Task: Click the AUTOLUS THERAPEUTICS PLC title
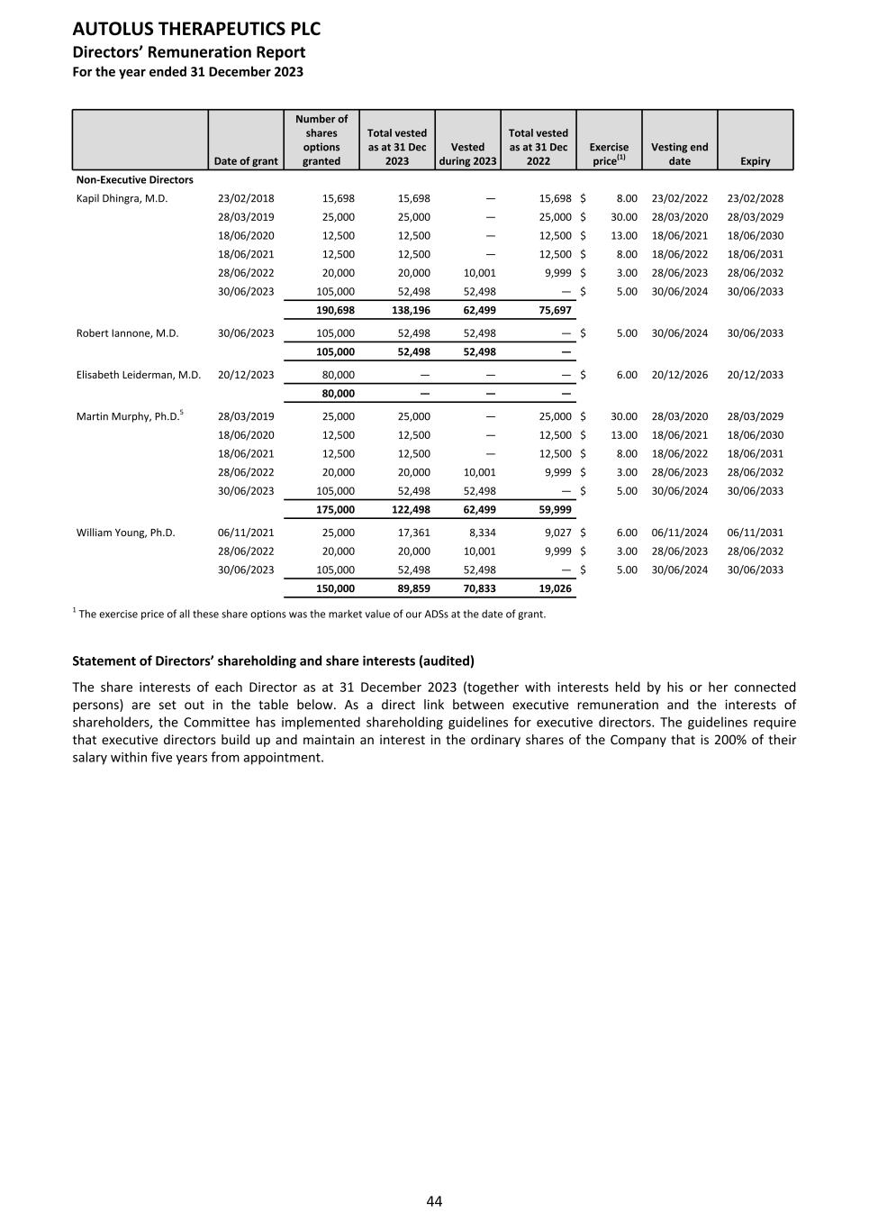tap(196, 29)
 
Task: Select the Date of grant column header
tap(246, 161)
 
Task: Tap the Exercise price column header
tap(609, 154)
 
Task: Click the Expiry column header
tap(755, 161)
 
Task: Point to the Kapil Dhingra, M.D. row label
tap(122, 198)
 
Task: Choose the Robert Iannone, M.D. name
tap(127, 333)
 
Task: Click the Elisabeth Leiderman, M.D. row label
tap(139, 375)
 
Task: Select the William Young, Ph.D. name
tap(125, 533)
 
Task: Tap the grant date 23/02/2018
tap(246, 198)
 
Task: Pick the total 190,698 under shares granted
tap(335, 310)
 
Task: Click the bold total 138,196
tap(411, 310)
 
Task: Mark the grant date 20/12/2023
tap(246, 375)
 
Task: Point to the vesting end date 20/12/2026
tap(679, 375)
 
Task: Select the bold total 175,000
tap(335, 510)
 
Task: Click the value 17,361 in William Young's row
tap(413, 533)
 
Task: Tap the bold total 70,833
tap(476, 588)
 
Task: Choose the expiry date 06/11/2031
tap(755, 533)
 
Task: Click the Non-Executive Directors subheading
tap(134, 180)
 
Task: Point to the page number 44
tap(434, 1201)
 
